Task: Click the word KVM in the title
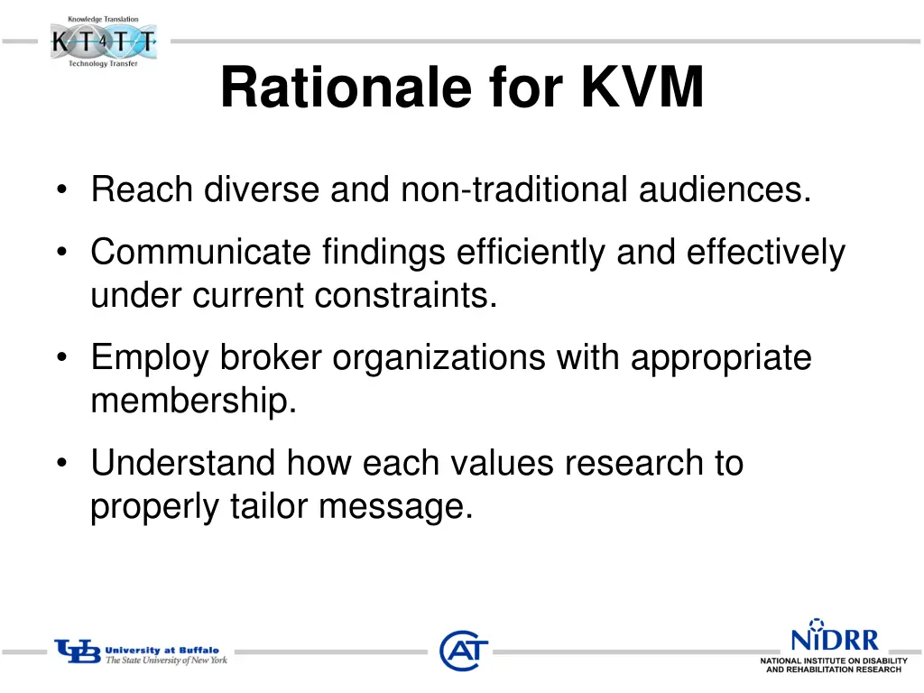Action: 642,88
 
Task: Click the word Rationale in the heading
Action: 346,88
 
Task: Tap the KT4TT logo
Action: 103,42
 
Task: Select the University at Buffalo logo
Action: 141,653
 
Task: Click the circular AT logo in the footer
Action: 464,651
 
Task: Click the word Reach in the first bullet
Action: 142,190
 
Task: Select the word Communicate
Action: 199,253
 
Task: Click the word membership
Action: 193,402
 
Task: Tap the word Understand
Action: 183,464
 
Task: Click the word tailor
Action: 269,506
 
